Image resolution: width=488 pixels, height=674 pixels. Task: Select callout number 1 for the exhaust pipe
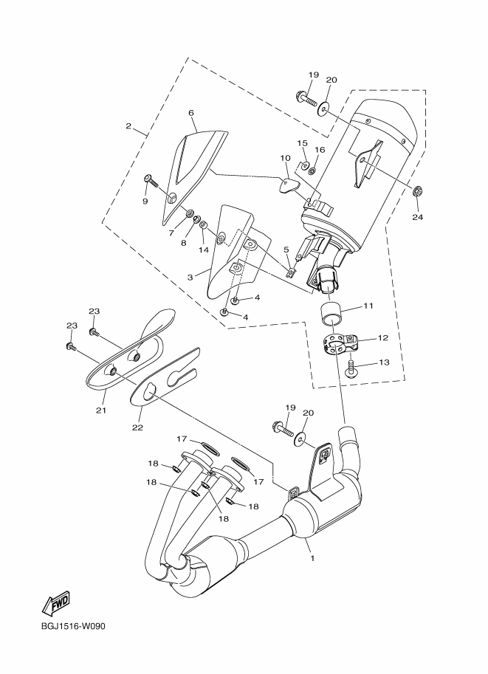click(x=312, y=557)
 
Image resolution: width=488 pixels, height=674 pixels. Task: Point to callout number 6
click(x=190, y=114)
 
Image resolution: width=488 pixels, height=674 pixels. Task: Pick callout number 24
click(x=417, y=217)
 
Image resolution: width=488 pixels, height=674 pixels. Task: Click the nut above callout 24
click(x=416, y=192)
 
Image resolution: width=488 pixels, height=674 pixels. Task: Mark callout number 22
click(x=137, y=427)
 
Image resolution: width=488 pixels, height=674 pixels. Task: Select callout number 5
click(x=286, y=250)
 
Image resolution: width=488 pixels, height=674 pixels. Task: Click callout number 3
click(x=190, y=278)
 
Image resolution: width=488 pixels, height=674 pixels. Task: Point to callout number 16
click(x=320, y=149)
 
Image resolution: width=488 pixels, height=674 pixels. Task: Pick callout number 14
click(x=204, y=250)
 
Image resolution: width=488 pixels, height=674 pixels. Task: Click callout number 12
click(x=382, y=337)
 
